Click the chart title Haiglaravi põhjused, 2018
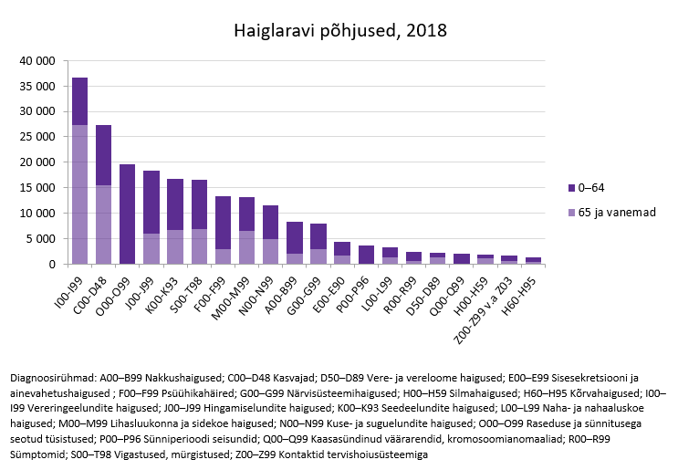(339, 30)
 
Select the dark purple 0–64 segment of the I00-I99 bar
(80, 101)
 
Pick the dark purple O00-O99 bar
(128, 214)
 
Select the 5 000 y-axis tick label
(44, 239)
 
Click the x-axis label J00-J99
(139, 287)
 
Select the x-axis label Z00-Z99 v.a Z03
(484, 297)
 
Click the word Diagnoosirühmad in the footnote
(51, 377)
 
